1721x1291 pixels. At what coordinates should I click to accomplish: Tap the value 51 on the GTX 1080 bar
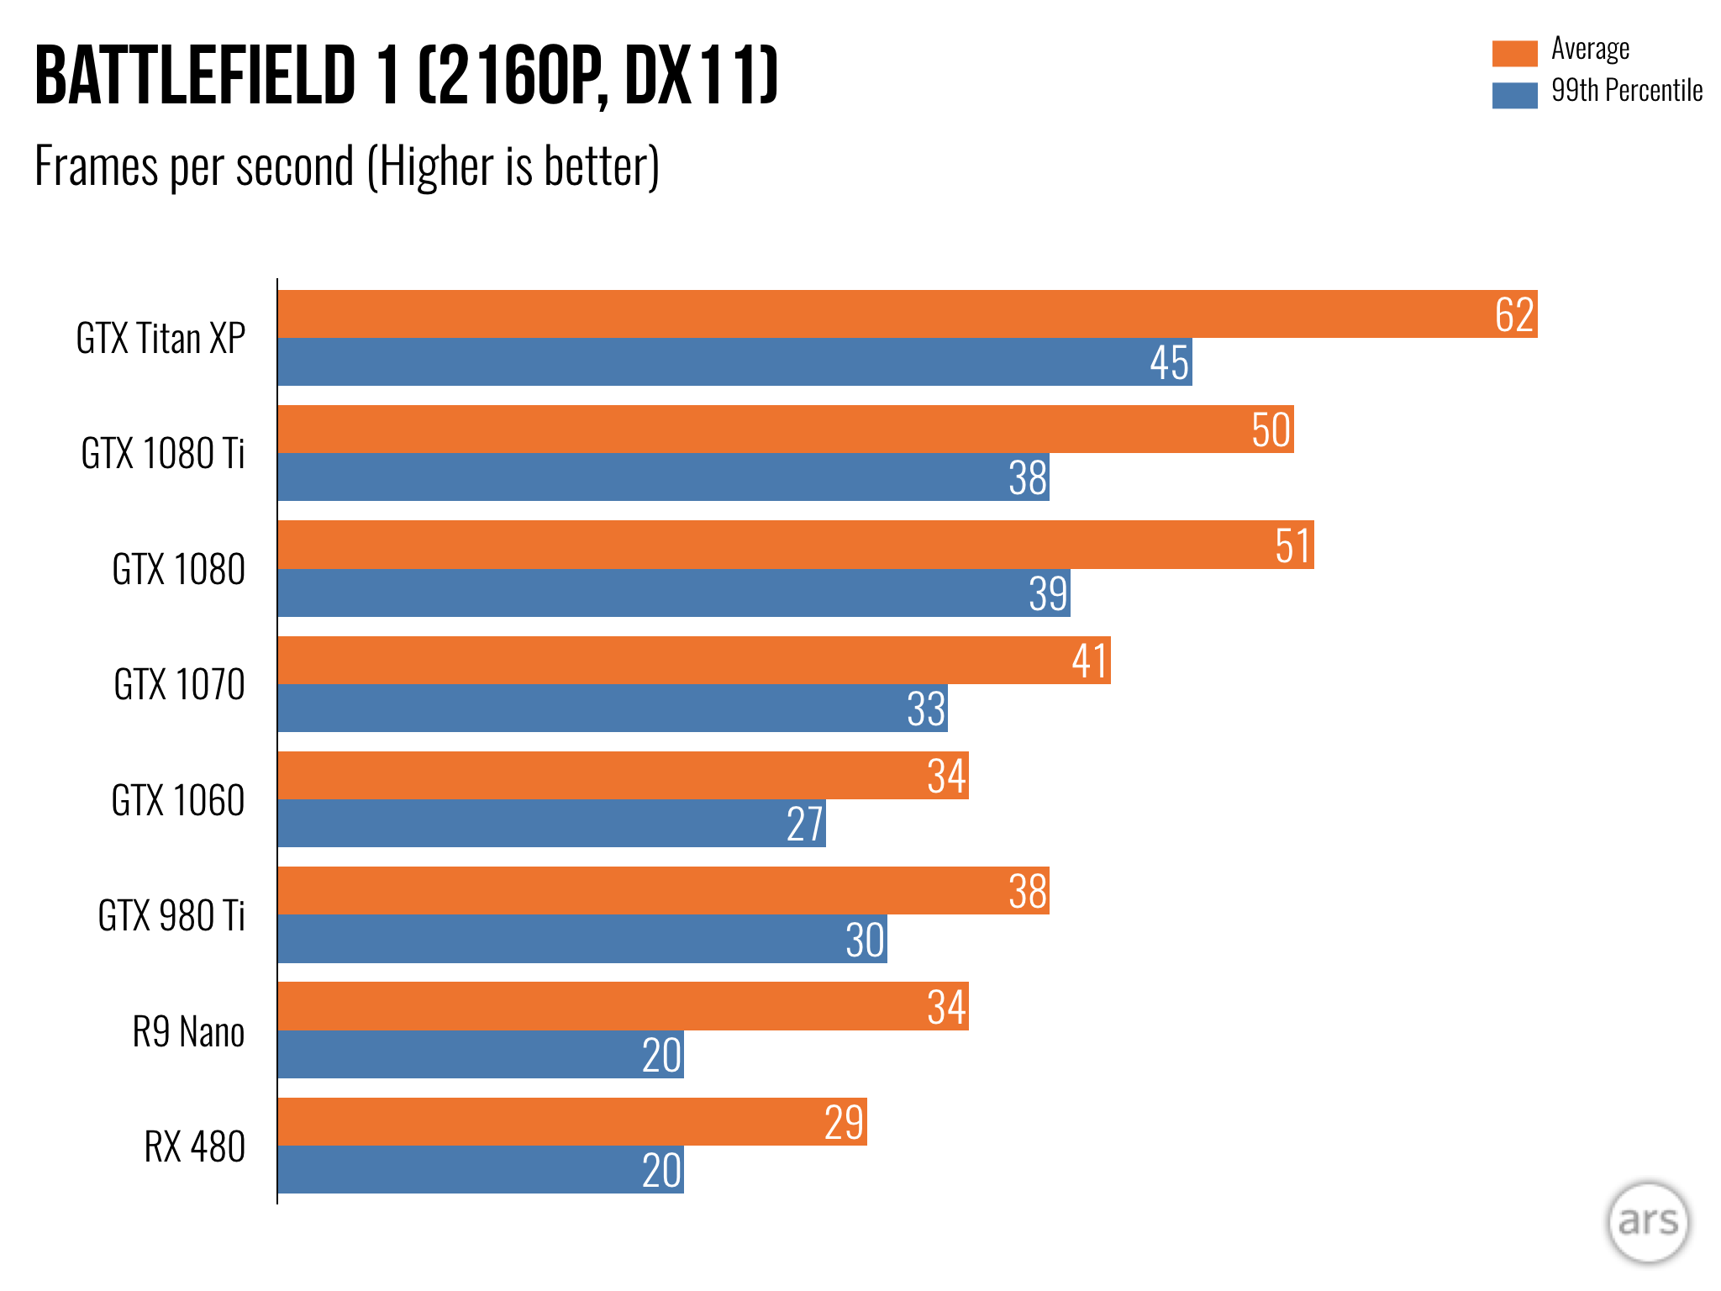pos(1292,545)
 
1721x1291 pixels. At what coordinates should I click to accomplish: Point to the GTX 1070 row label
pos(179,684)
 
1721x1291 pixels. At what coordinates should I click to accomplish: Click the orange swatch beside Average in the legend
pos(1514,52)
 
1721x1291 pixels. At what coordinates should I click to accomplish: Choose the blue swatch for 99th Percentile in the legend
pos(1514,94)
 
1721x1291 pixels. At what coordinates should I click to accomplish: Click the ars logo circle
pos(1647,1222)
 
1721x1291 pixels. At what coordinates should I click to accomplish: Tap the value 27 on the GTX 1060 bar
pos(804,824)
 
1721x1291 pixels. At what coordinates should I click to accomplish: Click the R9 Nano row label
pos(188,1031)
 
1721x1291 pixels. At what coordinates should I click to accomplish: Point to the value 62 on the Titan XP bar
pos(1514,315)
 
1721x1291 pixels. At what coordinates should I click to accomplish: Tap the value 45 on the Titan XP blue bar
pos(1169,363)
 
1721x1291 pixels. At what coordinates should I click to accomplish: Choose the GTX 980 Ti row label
pos(171,915)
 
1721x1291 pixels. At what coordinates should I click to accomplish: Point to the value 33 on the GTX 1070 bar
pos(926,709)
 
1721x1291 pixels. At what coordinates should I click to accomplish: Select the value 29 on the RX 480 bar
pos(844,1122)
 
